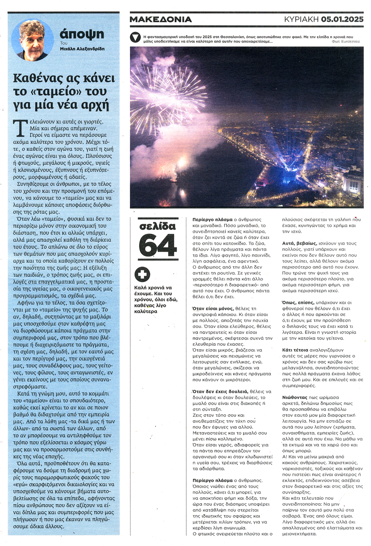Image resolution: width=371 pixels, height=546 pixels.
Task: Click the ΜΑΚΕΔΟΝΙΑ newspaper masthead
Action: click(160, 19)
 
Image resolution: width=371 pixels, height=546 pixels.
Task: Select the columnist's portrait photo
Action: click(32, 41)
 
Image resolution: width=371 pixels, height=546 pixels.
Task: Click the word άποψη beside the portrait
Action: click(82, 34)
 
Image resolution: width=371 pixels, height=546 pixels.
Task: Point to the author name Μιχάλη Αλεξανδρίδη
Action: click(82, 49)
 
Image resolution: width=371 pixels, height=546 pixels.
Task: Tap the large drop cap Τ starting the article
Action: click(20, 128)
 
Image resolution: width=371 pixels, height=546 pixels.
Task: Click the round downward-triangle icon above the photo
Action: click(135, 37)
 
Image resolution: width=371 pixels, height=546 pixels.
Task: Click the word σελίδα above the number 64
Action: click(158, 226)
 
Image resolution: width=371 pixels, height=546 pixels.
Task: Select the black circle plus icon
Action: click(142, 274)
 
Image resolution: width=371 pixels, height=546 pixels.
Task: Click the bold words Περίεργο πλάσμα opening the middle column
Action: click(212, 220)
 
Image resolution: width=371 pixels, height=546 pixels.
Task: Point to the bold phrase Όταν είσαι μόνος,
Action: click(213, 309)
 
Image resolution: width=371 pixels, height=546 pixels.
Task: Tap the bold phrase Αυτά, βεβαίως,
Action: click(300, 243)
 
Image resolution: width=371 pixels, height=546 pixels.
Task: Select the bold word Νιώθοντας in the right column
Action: click(294, 397)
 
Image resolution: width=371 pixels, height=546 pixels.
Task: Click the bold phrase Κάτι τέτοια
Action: click(295, 350)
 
